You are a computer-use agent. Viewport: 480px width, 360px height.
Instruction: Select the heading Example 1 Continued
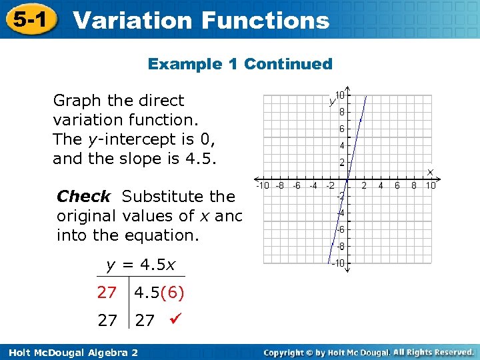240,64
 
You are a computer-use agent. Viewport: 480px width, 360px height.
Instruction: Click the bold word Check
83,197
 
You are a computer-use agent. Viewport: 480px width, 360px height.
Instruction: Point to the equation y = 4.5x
141,265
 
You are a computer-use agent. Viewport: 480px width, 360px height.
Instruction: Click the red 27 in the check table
107,293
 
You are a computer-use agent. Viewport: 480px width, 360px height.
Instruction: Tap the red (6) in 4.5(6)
171,293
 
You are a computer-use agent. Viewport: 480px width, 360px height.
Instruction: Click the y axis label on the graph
331,101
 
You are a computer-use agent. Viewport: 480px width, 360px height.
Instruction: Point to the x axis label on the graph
430,172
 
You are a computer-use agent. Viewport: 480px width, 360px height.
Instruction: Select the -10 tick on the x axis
263,186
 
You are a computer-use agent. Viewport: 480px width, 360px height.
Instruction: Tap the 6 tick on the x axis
397,186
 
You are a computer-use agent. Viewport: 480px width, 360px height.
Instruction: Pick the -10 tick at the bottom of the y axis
339,264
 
